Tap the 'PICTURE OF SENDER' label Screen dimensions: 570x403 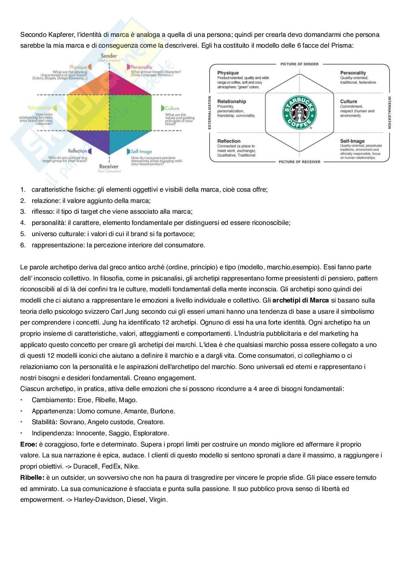[x=299, y=64]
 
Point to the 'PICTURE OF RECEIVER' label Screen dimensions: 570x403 [x=299, y=162]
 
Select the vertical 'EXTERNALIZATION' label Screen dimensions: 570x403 [x=209, y=112]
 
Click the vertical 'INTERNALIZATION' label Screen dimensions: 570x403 [x=389, y=112]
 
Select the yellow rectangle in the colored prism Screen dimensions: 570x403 [x=88, y=112]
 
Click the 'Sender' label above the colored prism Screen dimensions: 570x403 [x=109, y=56]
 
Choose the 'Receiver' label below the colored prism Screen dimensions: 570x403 [x=109, y=166]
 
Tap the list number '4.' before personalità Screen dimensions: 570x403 [x=23, y=223]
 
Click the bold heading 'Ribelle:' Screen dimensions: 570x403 [x=32, y=478]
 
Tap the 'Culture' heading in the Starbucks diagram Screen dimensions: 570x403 [x=348, y=101]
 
